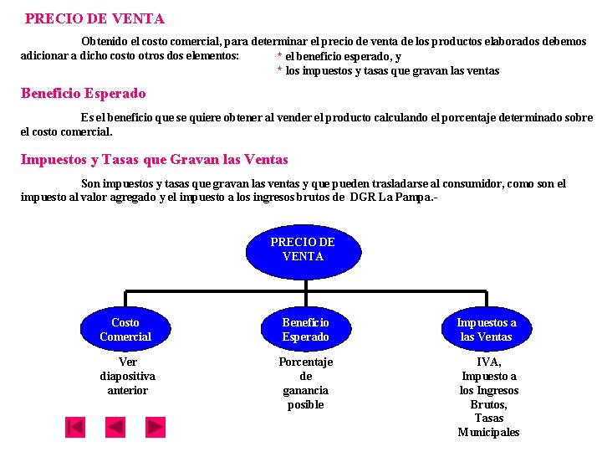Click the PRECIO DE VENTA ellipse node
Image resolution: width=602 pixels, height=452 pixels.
point(302,250)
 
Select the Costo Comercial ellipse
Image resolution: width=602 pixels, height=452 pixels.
point(125,330)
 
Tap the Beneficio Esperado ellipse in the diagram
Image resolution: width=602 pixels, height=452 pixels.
point(305,330)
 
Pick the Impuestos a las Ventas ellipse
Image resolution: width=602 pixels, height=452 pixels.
point(487,330)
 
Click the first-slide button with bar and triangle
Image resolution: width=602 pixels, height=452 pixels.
point(75,427)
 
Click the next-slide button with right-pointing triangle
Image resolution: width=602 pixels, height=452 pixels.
point(156,427)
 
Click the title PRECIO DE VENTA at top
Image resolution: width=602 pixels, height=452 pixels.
point(94,18)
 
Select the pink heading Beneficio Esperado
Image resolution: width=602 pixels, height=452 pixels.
point(83,94)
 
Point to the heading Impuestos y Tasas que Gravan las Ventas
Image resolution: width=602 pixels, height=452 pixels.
point(154,159)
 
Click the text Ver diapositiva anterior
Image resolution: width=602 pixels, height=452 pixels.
point(128,376)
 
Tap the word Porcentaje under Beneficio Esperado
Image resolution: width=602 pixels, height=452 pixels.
point(305,362)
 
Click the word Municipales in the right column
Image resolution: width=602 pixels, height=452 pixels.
point(488,433)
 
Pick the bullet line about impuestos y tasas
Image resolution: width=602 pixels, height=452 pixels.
point(388,71)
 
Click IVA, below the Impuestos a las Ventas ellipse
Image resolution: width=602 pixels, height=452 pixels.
point(488,362)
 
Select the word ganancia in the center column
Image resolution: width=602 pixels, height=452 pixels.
point(305,390)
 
